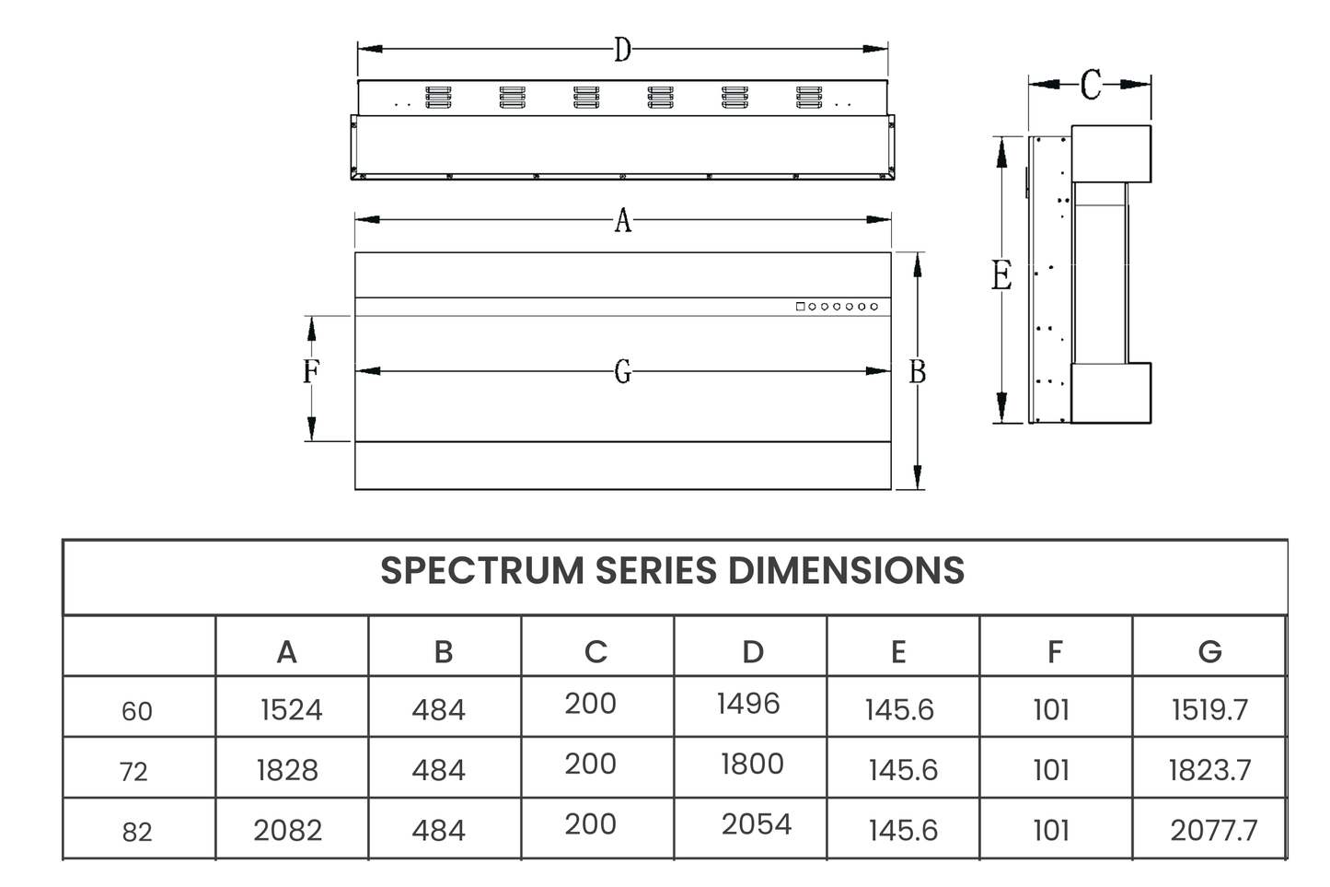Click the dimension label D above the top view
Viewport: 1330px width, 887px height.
click(x=622, y=50)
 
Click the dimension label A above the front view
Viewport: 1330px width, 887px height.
click(x=623, y=221)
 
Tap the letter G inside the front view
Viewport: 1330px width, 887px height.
click(x=623, y=372)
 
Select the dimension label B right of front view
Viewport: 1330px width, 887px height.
click(x=917, y=372)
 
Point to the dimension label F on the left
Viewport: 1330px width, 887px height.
click(x=311, y=372)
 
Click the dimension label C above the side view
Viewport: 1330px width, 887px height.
click(x=1090, y=86)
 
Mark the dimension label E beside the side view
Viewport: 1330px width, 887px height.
click(x=1001, y=276)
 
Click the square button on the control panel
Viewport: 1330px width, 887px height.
click(x=800, y=307)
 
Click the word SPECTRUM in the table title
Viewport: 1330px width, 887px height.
click(x=481, y=571)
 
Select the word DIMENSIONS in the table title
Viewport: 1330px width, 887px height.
click(x=846, y=571)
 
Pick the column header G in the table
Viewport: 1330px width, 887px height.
click(x=1209, y=652)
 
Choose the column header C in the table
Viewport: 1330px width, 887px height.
click(x=596, y=652)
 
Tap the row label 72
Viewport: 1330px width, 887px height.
click(x=134, y=772)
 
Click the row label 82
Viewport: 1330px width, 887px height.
click(x=136, y=833)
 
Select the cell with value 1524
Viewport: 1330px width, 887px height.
click(x=291, y=710)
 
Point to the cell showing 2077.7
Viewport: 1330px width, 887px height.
click(x=1213, y=831)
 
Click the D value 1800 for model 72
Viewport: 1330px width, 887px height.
click(x=752, y=764)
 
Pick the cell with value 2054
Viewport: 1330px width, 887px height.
click(x=756, y=824)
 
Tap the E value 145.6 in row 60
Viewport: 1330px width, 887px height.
click(x=899, y=710)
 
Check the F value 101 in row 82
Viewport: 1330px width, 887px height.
click(x=1050, y=831)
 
